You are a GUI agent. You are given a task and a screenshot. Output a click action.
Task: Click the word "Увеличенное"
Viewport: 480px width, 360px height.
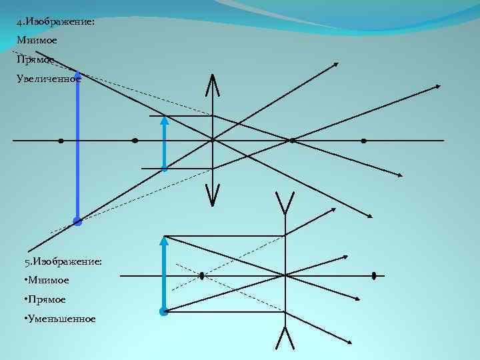(x=49, y=79)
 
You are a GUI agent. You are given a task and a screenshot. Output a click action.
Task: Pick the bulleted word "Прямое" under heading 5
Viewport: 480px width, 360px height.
(x=47, y=299)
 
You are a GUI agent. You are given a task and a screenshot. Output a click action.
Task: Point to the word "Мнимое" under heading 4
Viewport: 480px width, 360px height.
(x=37, y=41)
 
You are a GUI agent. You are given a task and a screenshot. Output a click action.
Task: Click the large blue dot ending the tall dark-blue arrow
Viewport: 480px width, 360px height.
(x=77, y=221)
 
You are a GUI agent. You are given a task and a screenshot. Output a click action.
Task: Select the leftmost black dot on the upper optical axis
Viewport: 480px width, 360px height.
(x=61, y=141)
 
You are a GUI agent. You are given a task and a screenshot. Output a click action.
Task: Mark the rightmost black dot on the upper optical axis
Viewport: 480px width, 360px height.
(x=363, y=141)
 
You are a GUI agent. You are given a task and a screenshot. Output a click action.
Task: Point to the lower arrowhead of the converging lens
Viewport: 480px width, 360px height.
(x=212, y=200)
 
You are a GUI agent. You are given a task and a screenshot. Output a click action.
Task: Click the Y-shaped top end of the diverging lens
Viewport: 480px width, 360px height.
(x=285, y=200)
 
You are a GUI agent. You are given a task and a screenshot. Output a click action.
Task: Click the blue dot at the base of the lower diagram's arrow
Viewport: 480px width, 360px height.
(x=164, y=311)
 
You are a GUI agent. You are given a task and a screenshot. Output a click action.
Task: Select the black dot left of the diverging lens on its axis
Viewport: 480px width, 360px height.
(x=201, y=275)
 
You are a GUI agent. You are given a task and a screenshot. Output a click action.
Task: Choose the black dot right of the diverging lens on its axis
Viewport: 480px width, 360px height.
(x=374, y=275)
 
